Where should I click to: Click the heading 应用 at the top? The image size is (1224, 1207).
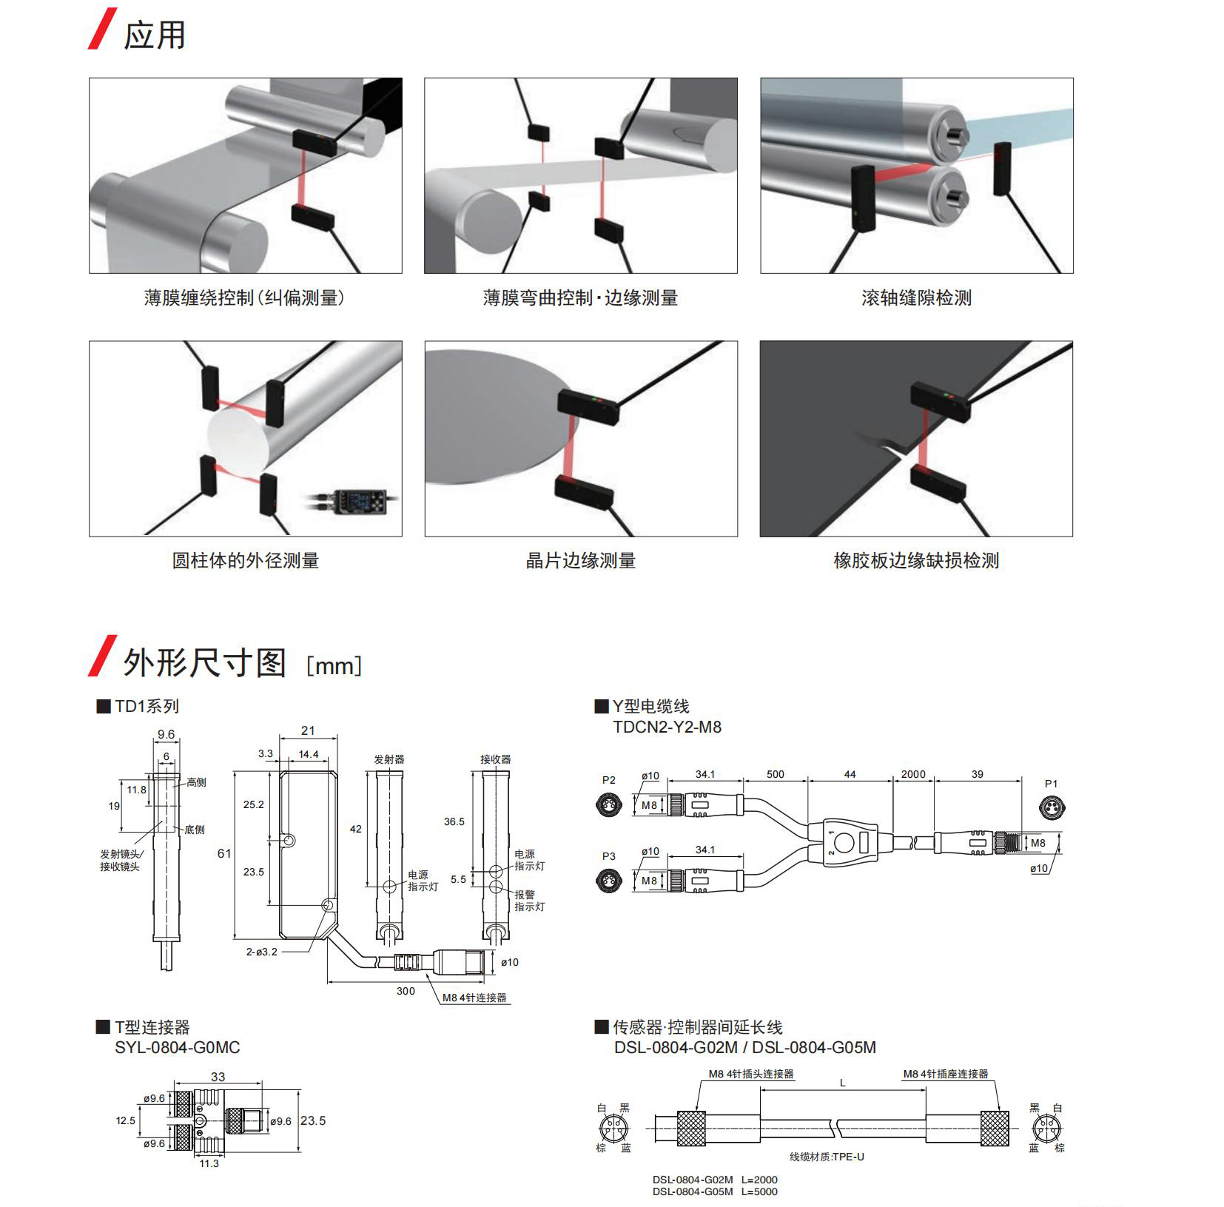pos(154,35)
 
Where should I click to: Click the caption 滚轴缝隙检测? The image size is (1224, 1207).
pos(916,297)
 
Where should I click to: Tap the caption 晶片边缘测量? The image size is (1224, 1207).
pos(580,560)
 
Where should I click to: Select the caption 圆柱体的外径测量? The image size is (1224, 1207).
pos(245,560)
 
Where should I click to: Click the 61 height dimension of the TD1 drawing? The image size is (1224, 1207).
pos(224,853)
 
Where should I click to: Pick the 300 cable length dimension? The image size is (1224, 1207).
pos(406,991)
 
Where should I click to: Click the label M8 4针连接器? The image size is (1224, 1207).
pos(474,998)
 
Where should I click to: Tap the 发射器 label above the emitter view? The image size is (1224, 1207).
pos(389,759)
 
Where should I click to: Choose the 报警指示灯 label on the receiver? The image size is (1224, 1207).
pos(530,901)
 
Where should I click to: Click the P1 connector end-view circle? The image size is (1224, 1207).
pos(1052,807)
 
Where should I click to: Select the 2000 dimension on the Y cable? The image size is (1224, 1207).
pos(912,774)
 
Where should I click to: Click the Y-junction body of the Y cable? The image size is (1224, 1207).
pos(850,842)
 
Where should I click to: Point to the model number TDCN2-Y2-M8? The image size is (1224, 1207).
pos(667,727)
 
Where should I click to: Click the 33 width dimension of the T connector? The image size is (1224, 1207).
pos(218,1077)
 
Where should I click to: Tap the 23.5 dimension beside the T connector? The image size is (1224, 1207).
pos(312,1120)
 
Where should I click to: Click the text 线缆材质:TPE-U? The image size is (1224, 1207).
pos(826,1157)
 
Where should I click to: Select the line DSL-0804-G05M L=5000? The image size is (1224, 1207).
pos(714,1191)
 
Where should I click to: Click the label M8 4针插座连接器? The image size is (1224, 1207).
pos(945,1074)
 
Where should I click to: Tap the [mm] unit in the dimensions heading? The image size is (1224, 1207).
pos(334,665)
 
